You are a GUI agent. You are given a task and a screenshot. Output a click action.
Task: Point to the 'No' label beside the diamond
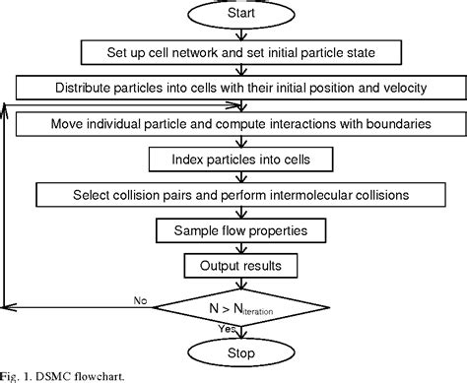[140, 300]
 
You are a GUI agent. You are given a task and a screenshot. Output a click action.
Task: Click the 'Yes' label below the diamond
[227, 329]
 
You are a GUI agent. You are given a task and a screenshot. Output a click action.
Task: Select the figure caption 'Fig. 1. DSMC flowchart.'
[62, 376]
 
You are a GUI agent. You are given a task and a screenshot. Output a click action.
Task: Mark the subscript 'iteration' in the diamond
[258, 311]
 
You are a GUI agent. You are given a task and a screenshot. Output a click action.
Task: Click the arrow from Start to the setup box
[241, 34]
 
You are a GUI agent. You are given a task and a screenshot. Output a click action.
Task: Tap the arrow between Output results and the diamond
[241, 284]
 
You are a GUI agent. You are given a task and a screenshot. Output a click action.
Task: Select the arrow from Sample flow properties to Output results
[241, 248]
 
